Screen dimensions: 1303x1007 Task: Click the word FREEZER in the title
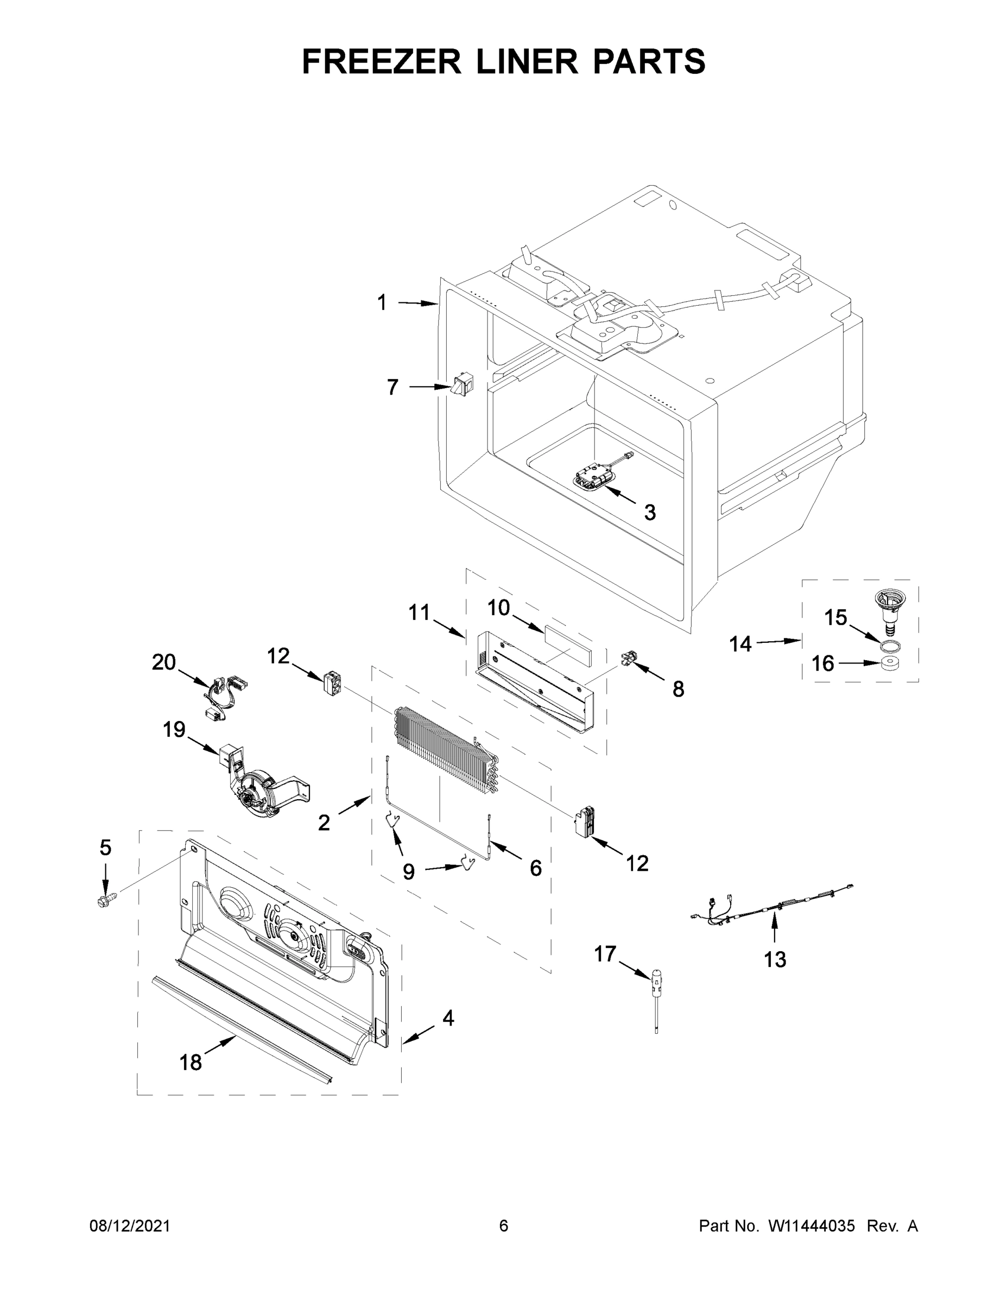point(381,61)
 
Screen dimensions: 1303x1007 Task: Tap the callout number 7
point(392,387)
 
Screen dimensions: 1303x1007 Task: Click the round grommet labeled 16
point(890,663)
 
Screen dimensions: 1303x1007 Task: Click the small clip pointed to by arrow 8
point(629,659)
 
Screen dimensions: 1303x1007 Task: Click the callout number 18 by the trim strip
point(191,1062)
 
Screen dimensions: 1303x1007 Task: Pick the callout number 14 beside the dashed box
point(740,644)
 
